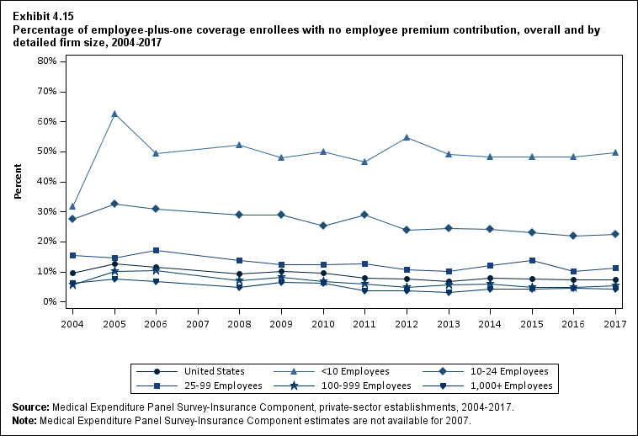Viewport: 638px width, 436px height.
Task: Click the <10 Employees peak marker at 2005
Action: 114,114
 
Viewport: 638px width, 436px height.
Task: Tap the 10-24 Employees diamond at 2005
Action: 114,204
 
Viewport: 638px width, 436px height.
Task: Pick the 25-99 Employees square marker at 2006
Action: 156,250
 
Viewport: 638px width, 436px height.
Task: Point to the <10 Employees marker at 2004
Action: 73,206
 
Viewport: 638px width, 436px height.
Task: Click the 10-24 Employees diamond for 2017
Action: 615,234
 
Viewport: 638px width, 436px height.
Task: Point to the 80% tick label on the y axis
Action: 45,61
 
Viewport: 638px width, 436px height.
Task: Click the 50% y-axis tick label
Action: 45,152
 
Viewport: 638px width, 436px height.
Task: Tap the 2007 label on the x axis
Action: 198,323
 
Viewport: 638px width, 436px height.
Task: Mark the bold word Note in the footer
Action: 25,420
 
